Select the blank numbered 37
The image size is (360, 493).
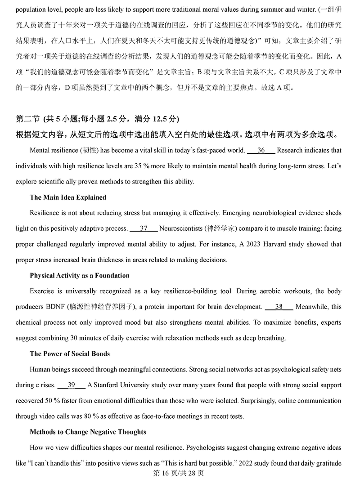pyautogui.click(x=144, y=229)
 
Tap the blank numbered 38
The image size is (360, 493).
pyautogui.click(x=279, y=307)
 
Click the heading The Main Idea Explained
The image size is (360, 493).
pyautogui.click(x=68, y=197)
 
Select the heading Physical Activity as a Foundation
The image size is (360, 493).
pyautogui.click(x=79, y=275)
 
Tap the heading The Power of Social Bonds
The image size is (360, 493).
pyautogui.click(x=70, y=354)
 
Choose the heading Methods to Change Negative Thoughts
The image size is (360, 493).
pyautogui.click(x=88, y=432)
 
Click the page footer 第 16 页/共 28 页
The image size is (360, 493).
pyautogui.click(x=179, y=473)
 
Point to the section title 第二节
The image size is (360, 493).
pyautogui.click(x=28, y=119)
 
